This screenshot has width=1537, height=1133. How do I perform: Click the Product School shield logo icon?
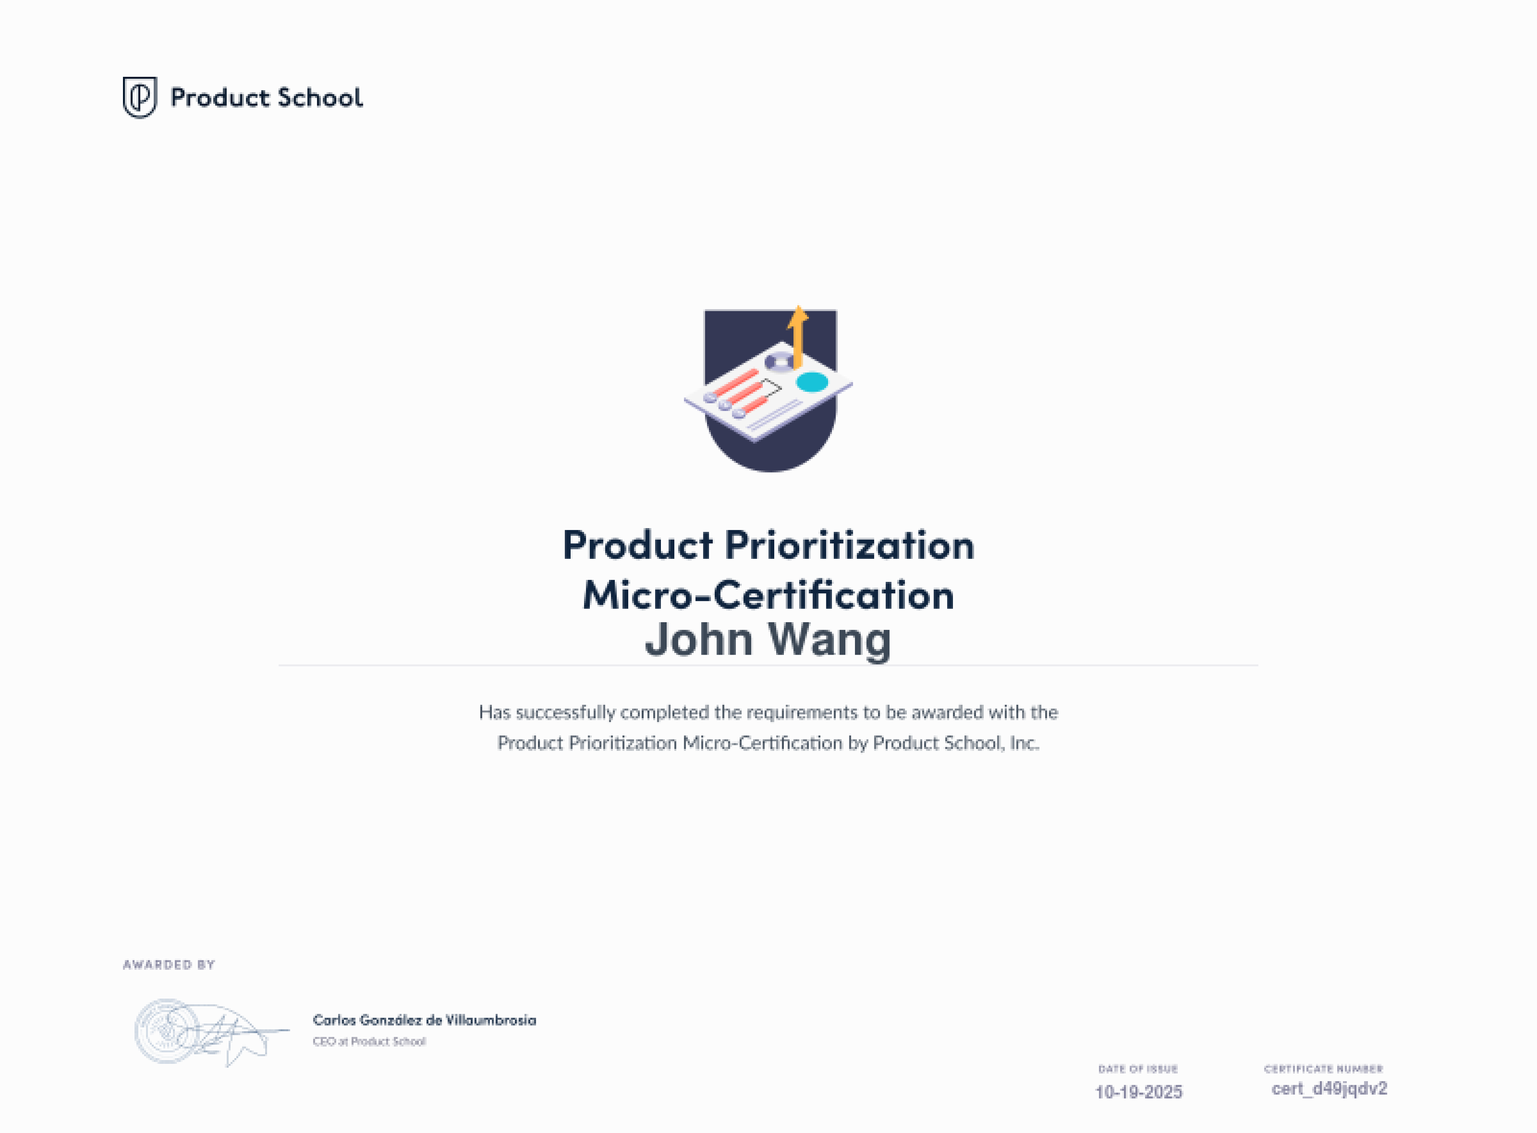[139, 97]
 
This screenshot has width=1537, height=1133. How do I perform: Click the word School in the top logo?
[320, 97]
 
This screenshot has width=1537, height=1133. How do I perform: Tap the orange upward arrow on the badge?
[798, 337]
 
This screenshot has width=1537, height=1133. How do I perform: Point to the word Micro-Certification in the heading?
[768, 595]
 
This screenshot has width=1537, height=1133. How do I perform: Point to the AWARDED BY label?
[169, 965]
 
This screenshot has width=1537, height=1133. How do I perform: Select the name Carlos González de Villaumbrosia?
[425, 1020]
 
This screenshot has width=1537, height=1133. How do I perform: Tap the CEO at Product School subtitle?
[369, 1042]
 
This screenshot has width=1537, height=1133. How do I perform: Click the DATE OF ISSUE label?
[1138, 1069]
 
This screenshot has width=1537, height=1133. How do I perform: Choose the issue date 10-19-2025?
[1138, 1092]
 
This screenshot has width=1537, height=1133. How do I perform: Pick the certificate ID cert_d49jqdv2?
[1329, 1089]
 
